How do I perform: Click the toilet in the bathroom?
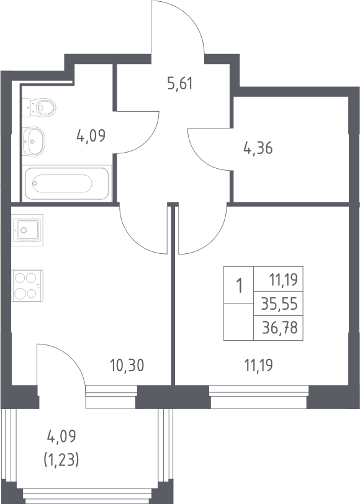click(x=39, y=107)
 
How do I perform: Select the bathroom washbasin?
click(x=34, y=142)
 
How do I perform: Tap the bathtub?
click(x=66, y=184)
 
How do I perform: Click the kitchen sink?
click(x=27, y=230)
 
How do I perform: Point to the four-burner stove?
click(x=27, y=286)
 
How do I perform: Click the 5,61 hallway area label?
click(x=180, y=84)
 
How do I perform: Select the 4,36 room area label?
click(x=258, y=148)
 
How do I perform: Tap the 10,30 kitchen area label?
click(x=127, y=366)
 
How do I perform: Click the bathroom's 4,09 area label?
click(x=91, y=136)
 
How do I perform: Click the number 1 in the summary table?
click(x=239, y=286)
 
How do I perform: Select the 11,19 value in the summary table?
click(x=284, y=280)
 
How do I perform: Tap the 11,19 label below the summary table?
click(x=259, y=366)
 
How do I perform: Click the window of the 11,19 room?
click(x=259, y=397)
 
